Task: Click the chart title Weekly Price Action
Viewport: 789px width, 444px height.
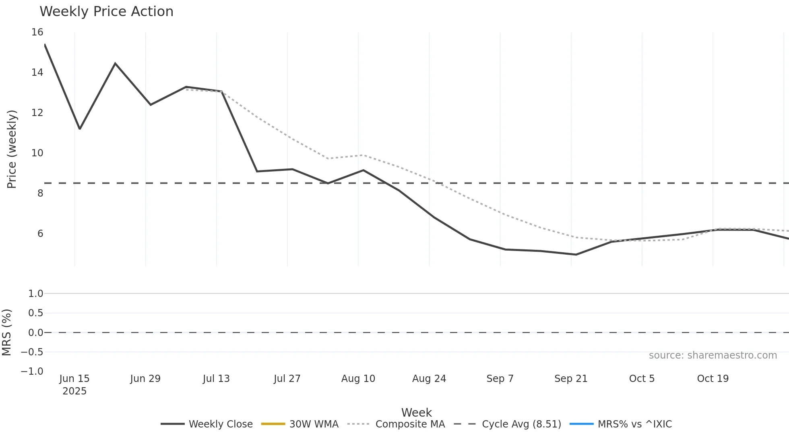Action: click(106, 12)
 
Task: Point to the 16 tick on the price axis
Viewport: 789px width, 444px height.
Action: click(37, 32)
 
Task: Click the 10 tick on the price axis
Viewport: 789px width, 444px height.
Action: click(37, 153)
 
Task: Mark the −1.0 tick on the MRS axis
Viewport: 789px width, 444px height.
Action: click(32, 371)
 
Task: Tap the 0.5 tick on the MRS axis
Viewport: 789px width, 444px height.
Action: click(35, 313)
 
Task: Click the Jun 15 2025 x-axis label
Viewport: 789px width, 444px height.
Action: click(74, 384)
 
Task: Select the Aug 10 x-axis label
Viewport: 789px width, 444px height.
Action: click(358, 379)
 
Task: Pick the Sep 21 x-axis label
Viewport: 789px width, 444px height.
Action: click(571, 379)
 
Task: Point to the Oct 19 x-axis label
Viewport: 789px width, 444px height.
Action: click(713, 379)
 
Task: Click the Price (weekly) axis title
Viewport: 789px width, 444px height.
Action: click(12, 149)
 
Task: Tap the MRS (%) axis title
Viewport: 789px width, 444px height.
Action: click(6, 332)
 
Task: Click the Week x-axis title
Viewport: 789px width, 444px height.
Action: click(416, 413)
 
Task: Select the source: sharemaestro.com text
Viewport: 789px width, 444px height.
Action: click(713, 355)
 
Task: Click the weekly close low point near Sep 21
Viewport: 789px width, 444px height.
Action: click(576, 255)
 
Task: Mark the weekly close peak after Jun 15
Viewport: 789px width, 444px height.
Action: click(115, 63)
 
